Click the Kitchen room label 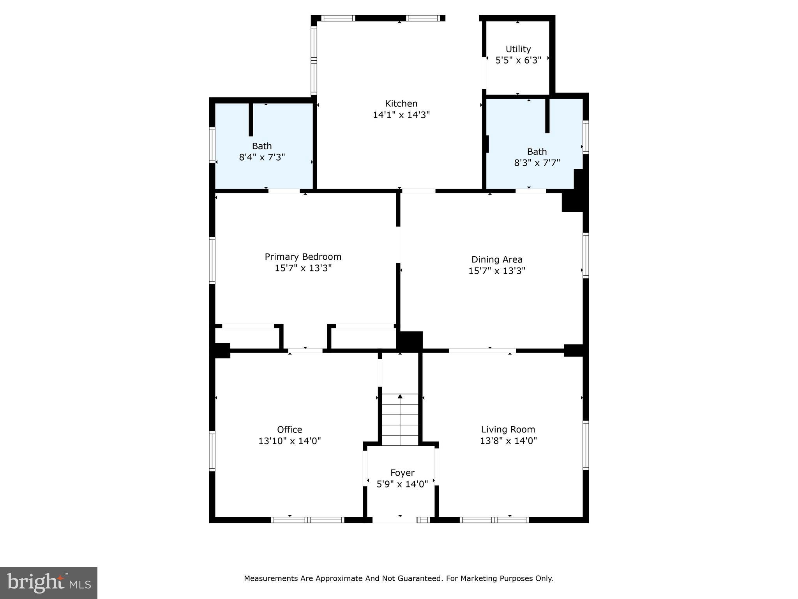(401, 104)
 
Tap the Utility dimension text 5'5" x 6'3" (518, 60)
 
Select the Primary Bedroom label (303, 257)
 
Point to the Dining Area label (496, 259)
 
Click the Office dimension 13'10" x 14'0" (289, 441)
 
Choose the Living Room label (508, 429)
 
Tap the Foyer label (402, 473)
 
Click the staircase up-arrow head (400, 397)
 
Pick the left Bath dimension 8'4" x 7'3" (261, 158)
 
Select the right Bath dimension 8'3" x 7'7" (537, 163)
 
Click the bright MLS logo (49, 583)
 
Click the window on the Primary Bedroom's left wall (212, 260)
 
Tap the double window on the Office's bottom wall (307, 519)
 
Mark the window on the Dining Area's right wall (585, 255)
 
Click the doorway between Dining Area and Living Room (482, 351)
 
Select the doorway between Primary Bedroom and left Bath (284, 191)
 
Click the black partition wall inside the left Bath (251, 119)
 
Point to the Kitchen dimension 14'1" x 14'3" (401, 115)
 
